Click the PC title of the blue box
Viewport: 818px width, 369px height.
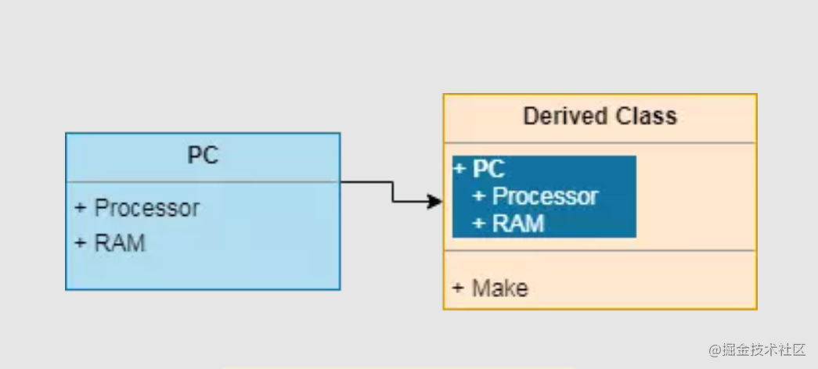coord(203,156)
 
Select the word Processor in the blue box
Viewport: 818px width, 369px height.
coord(147,208)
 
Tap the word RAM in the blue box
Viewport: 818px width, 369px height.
coord(120,242)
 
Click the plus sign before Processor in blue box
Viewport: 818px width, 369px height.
coord(80,208)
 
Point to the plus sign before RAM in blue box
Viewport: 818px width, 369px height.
coord(80,242)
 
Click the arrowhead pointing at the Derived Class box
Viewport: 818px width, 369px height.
coord(435,202)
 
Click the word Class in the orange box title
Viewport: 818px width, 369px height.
coord(646,116)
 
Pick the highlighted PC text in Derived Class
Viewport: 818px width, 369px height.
coord(488,168)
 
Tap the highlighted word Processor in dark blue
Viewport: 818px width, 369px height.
coord(545,196)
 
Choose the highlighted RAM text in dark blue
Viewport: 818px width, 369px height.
coord(517,224)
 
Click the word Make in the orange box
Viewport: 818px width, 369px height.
coord(499,288)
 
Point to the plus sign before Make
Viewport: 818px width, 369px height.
coord(458,288)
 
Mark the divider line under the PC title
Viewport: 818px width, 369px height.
coord(203,181)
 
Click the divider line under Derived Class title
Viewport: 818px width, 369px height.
coord(600,143)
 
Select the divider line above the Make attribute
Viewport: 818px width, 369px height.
coord(600,251)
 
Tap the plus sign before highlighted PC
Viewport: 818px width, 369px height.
coord(459,168)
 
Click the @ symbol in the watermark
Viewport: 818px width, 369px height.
coord(715,349)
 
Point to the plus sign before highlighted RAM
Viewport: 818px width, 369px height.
coord(479,224)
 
